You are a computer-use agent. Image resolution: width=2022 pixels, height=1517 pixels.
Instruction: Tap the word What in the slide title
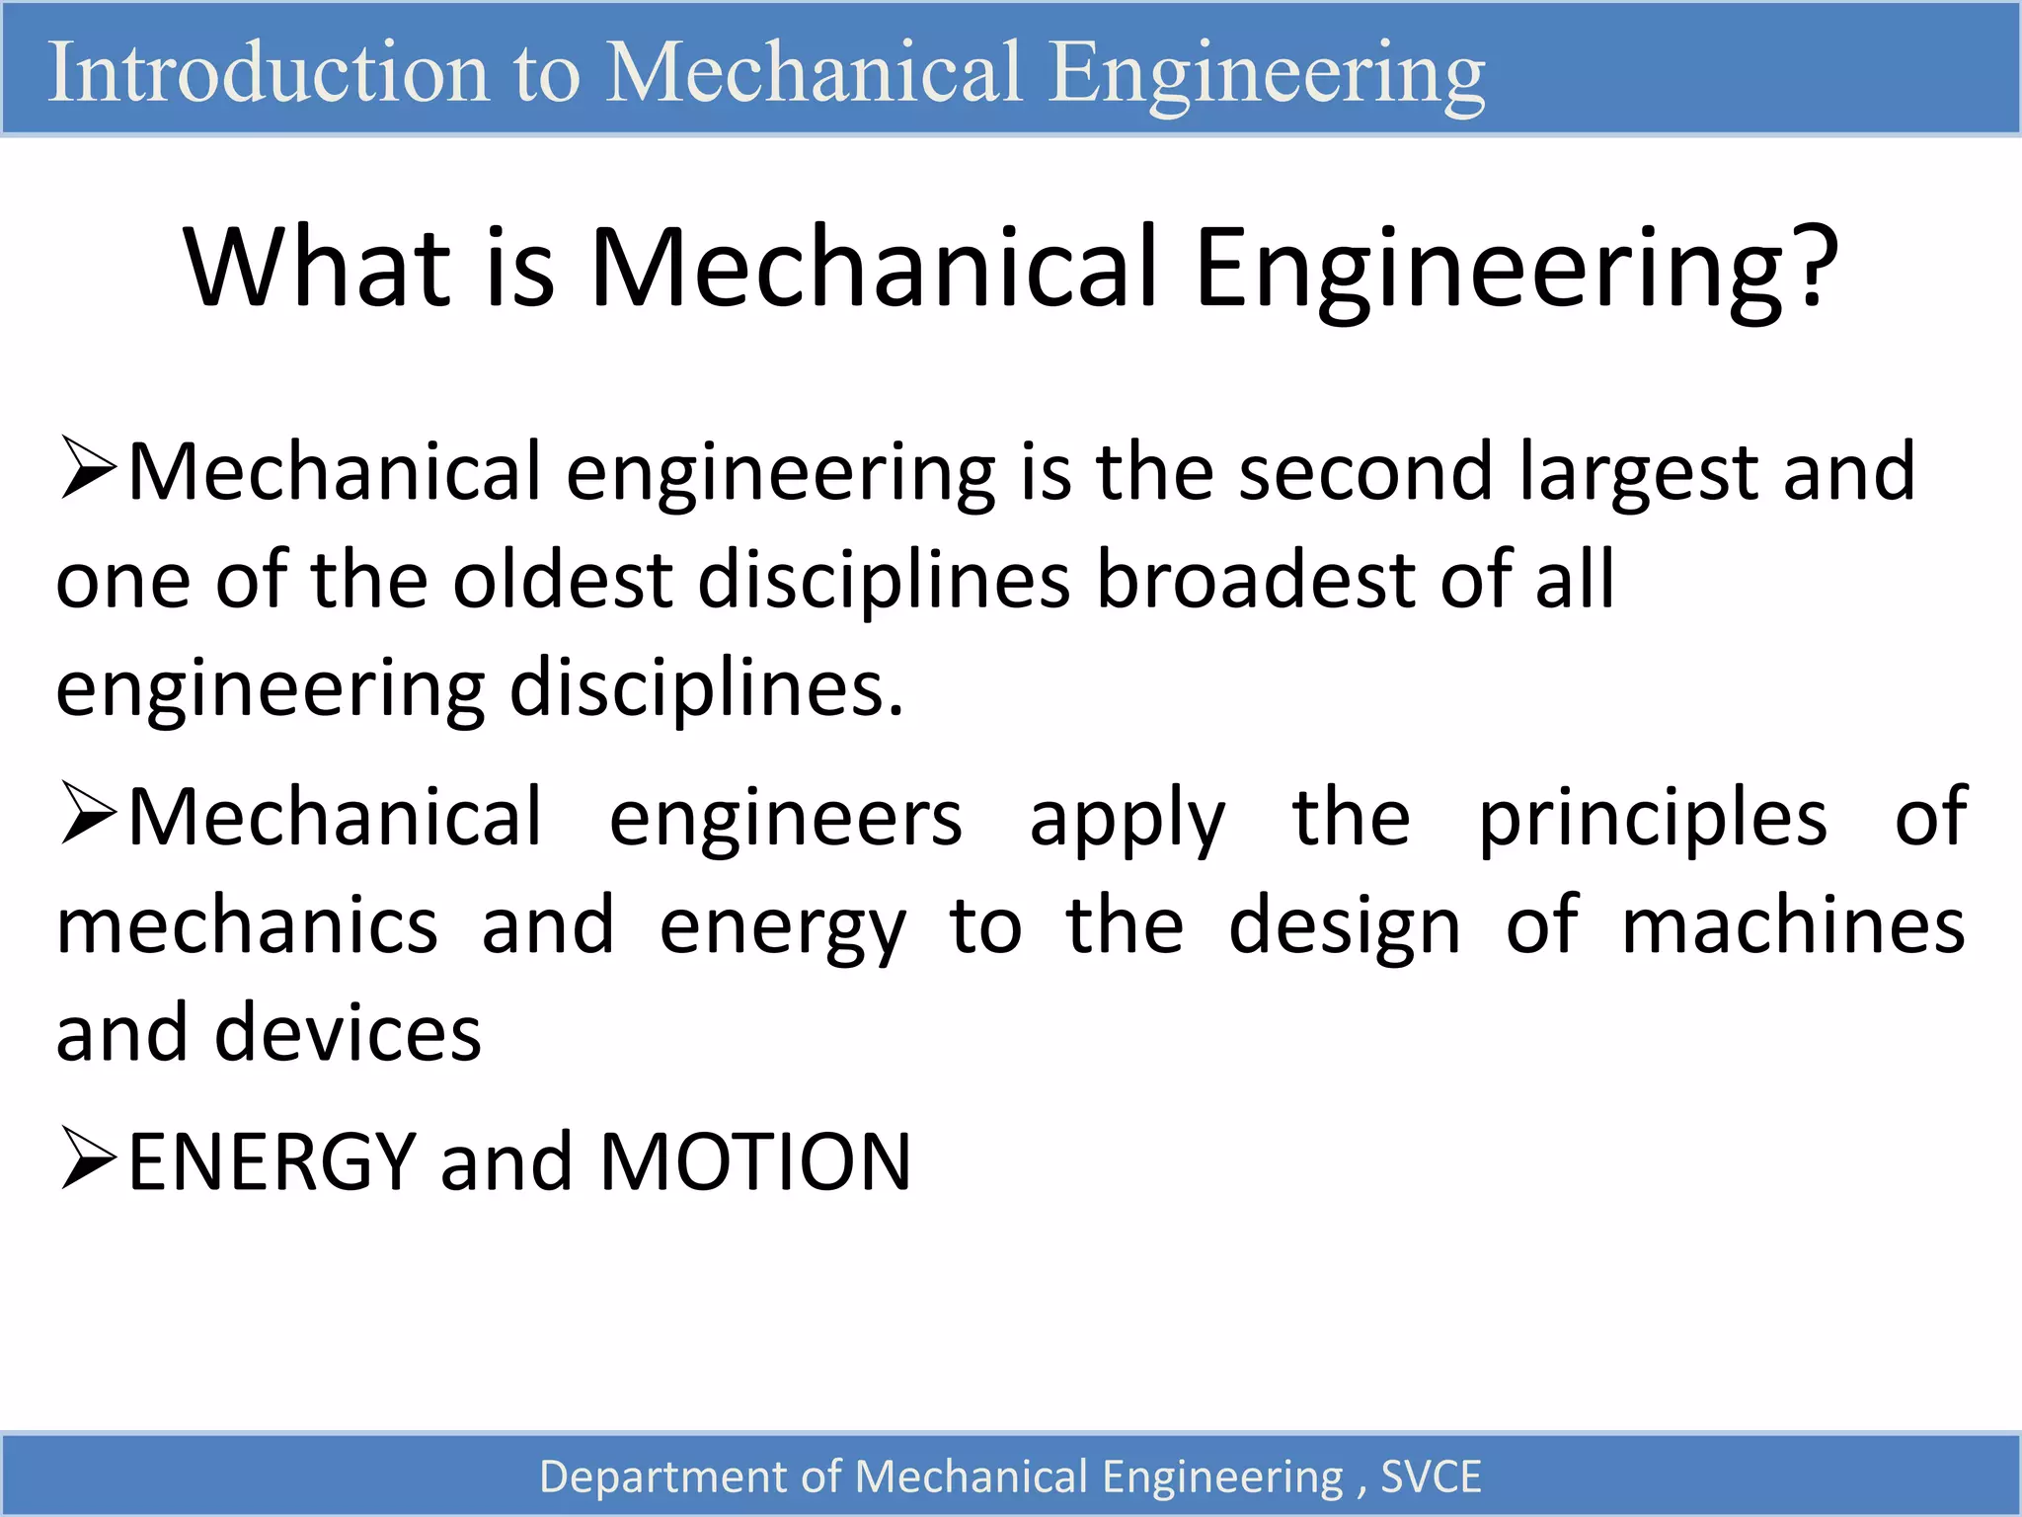pos(317,268)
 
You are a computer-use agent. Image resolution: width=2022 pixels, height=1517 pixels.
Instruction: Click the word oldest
pos(563,580)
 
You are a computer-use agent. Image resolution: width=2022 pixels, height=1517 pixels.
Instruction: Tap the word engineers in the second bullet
pos(785,818)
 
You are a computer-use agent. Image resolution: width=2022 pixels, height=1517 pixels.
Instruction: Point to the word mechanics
pos(247,926)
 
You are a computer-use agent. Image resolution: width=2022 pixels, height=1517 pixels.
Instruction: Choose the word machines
pos(1793,926)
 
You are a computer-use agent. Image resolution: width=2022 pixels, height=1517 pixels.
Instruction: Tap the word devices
pos(348,1033)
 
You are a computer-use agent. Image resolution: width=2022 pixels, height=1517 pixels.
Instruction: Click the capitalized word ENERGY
pos(272,1162)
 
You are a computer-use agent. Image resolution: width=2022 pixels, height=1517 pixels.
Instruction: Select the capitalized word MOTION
pos(755,1162)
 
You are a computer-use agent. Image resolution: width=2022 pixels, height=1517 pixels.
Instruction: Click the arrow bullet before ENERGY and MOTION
pos(88,1158)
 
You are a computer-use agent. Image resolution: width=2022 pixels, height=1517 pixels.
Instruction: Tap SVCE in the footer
pos(1431,1477)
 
